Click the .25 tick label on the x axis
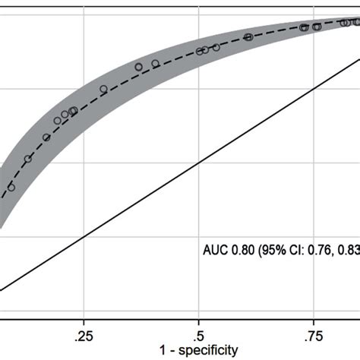pyautogui.click(x=84, y=333)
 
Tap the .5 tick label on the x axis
pyautogui.click(x=199, y=333)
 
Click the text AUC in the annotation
pyautogui.click(x=215, y=248)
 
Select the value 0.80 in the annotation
pyautogui.click(x=242, y=248)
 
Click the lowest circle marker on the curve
pyautogui.click(x=11, y=187)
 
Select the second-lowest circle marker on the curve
pyautogui.click(x=28, y=159)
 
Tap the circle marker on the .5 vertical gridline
pyautogui.click(x=200, y=52)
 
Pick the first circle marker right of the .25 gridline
pyautogui.click(x=104, y=89)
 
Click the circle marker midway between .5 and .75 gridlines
pyautogui.click(x=248, y=36)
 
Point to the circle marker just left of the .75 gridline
pyautogui.click(x=305, y=27)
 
